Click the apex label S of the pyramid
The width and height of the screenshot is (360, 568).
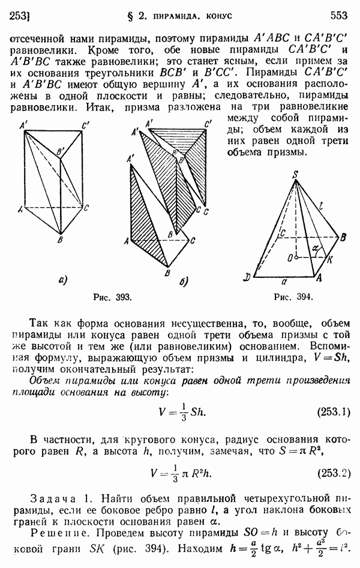coord(295,175)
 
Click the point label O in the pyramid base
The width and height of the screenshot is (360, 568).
coord(290,258)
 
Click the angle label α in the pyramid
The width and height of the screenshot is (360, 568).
coord(315,247)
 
